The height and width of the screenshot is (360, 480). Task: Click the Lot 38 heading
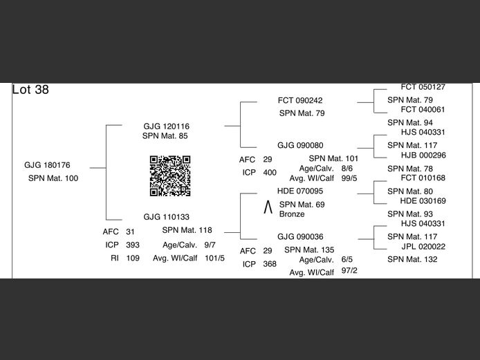[30, 90]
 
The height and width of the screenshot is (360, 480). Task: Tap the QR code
[170, 176]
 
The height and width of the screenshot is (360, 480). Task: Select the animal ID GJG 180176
[47, 165]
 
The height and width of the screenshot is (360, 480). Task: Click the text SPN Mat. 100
[53, 178]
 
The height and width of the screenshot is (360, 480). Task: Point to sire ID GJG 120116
[166, 126]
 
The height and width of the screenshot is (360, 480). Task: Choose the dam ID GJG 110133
[167, 217]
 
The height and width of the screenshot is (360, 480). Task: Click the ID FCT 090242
[300, 100]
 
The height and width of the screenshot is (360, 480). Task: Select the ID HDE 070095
[300, 191]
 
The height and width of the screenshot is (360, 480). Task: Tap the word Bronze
[292, 214]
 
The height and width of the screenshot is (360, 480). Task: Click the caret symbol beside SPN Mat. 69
[268, 207]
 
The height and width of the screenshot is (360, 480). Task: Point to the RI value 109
[133, 258]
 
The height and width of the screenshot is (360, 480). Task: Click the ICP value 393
[133, 245]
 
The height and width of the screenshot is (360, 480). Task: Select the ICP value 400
[270, 172]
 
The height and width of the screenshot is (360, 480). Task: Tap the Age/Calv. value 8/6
[347, 168]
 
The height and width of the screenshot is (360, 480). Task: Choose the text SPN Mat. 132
[412, 259]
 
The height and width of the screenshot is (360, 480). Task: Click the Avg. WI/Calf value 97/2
[349, 270]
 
